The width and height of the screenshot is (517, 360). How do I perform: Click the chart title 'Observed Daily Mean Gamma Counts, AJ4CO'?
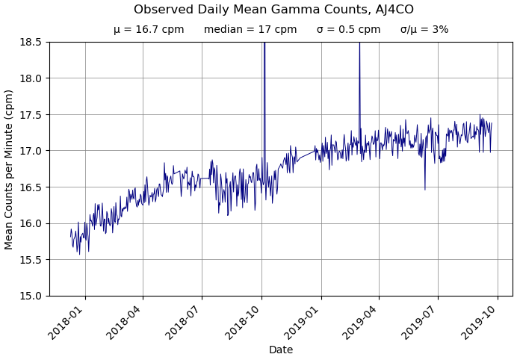[x=273, y=10]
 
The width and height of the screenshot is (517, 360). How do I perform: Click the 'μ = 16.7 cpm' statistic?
[x=149, y=30]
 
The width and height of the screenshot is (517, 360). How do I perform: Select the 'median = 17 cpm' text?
[x=250, y=30]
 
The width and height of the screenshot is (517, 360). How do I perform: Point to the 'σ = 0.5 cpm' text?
[x=348, y=30]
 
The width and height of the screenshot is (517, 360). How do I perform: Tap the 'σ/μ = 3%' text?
[x=424, y=30]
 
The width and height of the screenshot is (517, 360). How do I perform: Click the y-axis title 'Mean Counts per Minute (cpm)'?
[x=10, y=169]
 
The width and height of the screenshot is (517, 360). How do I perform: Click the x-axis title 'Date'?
[x=281, y=350]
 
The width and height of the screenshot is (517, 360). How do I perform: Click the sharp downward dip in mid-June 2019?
[x=425, y=188]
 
